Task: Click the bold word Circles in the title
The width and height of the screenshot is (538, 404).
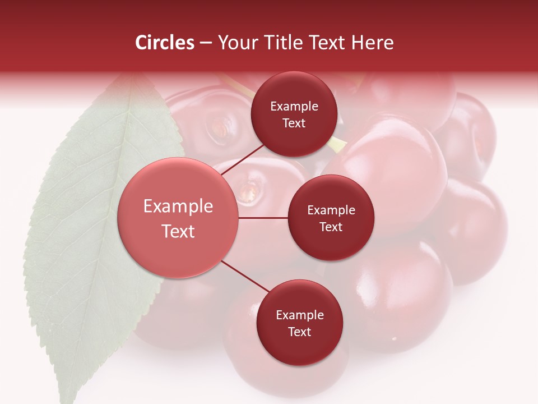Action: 165,43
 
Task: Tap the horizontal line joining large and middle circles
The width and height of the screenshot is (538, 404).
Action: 263,218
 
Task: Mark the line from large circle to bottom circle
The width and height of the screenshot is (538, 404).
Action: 245,276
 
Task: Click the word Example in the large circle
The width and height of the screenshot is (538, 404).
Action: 178,206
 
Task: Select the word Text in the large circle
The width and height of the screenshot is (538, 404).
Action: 178,231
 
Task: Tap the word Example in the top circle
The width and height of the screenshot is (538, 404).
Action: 294,107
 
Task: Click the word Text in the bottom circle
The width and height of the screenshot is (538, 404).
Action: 299,332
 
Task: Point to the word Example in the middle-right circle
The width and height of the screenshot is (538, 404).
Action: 331,210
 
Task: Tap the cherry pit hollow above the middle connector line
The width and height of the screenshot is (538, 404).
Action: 249,191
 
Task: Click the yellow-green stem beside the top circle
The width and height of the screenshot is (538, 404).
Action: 338,144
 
